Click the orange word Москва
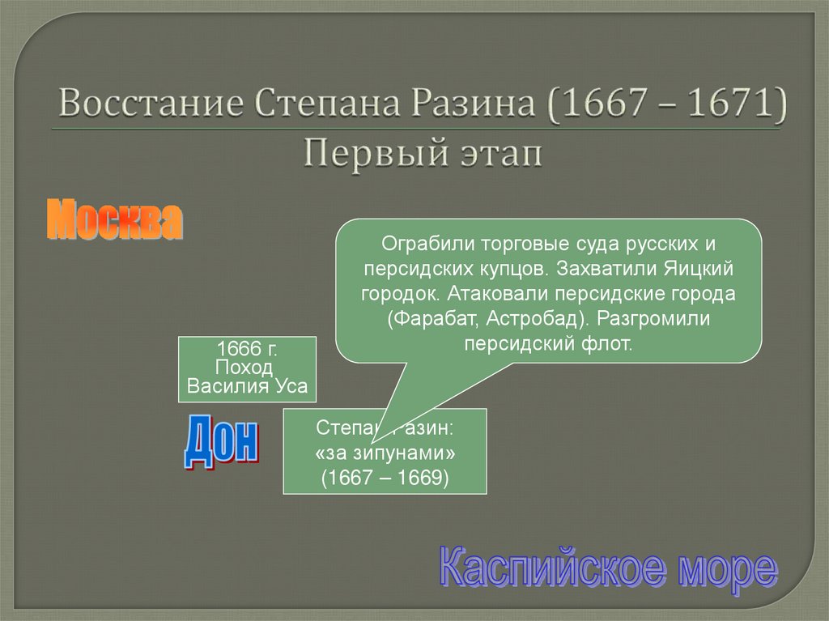pos(114,220)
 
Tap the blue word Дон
pos(220,442)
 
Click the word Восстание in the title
pos(151,106)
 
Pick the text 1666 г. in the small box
pos(247,349)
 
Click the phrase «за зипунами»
pos(385,452)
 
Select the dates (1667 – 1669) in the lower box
pos(385,477)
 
